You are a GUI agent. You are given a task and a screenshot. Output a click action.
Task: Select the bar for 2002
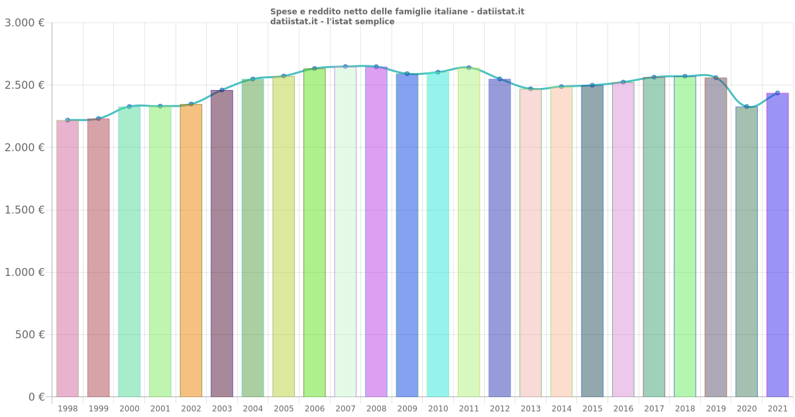click(191, 252)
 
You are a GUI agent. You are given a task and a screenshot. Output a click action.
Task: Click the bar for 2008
click(376, 232)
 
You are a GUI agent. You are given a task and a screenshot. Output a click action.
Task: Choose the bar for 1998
click(68, 258)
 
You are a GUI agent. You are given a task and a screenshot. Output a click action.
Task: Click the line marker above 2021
click(778, 93)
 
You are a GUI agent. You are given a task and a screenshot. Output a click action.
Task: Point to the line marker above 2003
click(222, 90)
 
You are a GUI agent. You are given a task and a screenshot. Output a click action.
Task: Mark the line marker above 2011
click(469, 68)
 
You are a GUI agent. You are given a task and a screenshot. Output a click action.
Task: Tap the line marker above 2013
click(531, 89)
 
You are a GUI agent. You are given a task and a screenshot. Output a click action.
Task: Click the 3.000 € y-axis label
click(25, 23)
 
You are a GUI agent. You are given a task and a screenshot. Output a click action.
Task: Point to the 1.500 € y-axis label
click(25, 210)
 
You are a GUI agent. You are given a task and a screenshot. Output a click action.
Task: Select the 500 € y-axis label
click(29, 335)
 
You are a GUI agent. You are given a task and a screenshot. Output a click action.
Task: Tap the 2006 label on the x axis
click(315, 409)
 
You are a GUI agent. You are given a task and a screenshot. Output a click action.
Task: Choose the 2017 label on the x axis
click(654, 409)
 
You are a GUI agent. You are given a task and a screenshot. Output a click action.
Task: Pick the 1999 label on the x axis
click(99, 409)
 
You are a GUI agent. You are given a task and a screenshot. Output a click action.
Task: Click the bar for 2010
click(438, 235)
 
